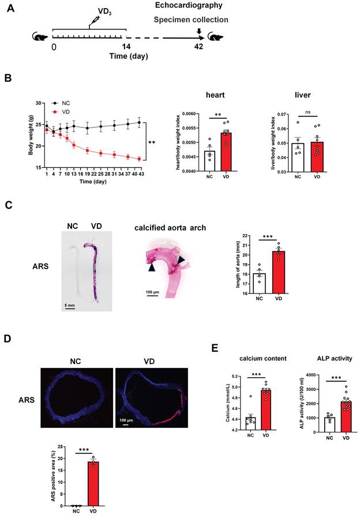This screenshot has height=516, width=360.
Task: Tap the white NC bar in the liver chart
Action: click(x=298, y=157)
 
